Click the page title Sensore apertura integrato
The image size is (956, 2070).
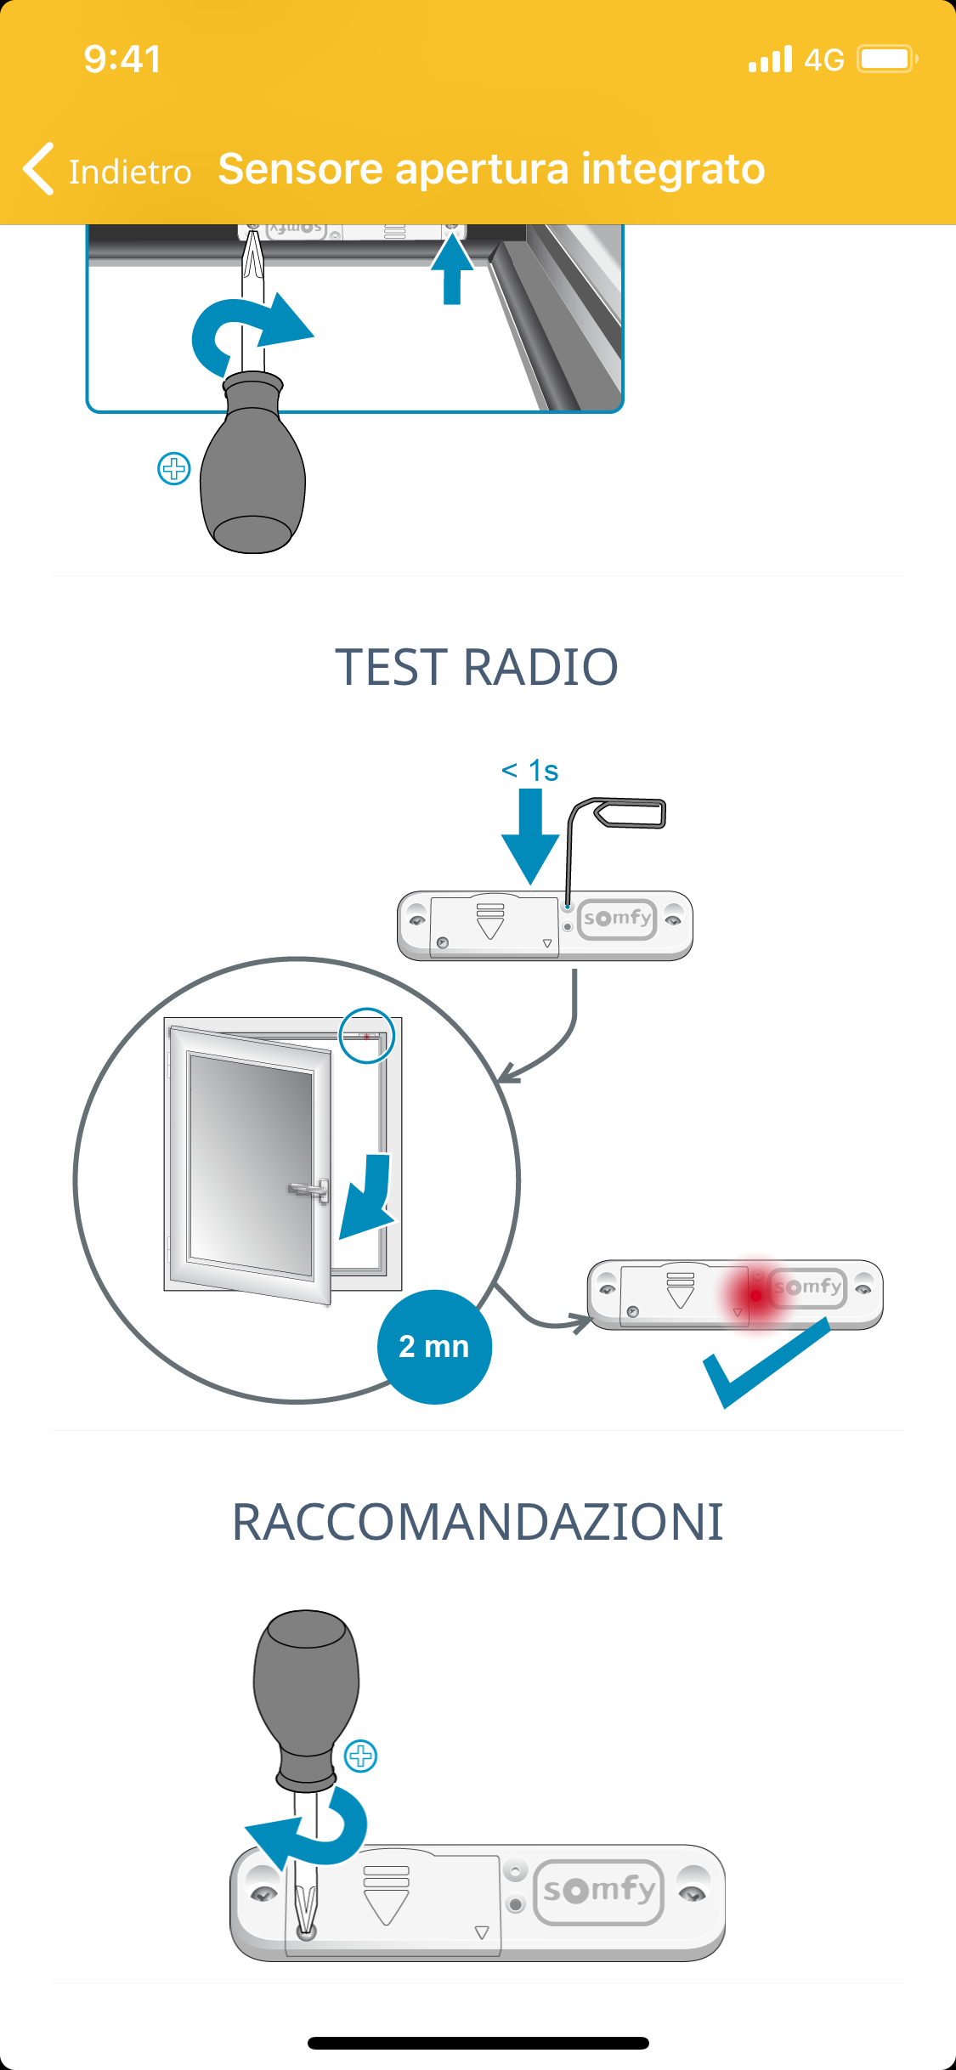pos(491,169)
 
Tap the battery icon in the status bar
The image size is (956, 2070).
pos(886,59)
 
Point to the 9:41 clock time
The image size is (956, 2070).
pos(122,59)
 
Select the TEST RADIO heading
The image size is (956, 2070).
pos(477,667)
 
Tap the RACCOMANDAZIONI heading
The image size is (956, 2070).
pos(478,1522)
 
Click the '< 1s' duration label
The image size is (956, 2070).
pos(530,771)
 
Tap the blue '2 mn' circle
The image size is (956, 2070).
pos(434,1347)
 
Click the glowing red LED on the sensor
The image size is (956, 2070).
pos(755,1295)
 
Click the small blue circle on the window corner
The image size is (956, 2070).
pos(367,1035)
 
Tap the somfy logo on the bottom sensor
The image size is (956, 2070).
pos(599,1892)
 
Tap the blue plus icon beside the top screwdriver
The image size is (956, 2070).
pos(174,468)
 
